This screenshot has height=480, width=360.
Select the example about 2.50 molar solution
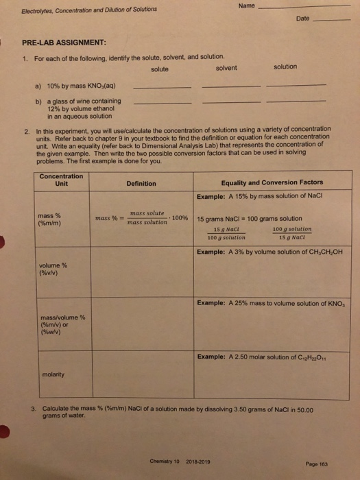264,357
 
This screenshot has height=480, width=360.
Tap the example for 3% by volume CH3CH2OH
269,252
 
